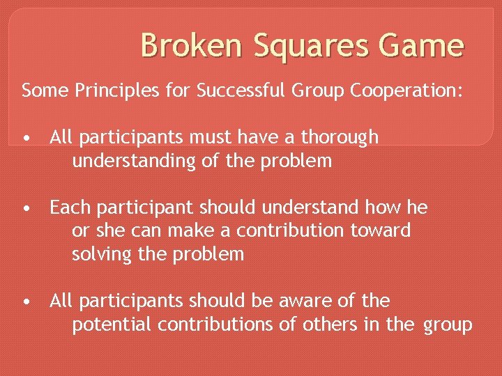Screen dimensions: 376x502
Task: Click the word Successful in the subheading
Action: click(x=231, y=91)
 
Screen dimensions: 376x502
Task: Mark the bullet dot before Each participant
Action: click(x=26, y=208)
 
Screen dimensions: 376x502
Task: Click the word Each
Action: click(x=67, y=207)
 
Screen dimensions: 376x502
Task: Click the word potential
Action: click(x=112, y=325)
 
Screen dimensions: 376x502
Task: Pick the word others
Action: click(x=327, y=324)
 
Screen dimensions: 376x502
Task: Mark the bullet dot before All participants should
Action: click(x=26, y=302)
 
